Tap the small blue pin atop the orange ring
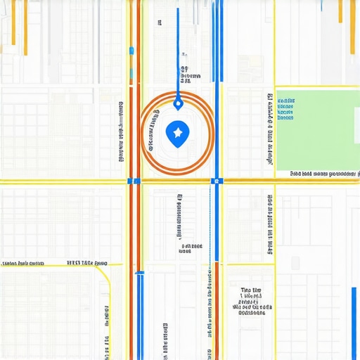(x=178, y=104)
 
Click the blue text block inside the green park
(x=285, y=110)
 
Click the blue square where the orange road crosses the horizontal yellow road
(x=131, y=181)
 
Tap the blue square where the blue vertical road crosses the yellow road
(x=216, y=181)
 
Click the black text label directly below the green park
(x=324, y=172)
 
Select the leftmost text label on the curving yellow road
(x=19, y=263)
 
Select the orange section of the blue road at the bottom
(x=217, y=309)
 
